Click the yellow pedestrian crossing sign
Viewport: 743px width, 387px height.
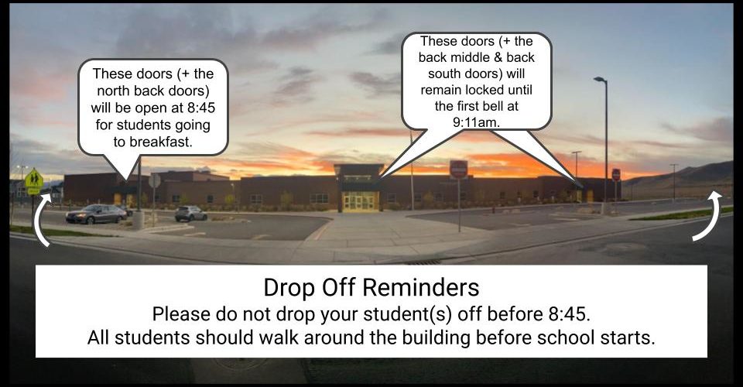click(33, 179)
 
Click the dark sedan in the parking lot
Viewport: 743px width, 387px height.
click(96, 214)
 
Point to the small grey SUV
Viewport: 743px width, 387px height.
click(190, 214)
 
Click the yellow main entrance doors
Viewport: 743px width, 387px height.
click(360, 201)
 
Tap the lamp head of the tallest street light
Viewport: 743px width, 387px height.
click(599, 79)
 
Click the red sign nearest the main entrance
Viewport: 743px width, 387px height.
click(458, 169)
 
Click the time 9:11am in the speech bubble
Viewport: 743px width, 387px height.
click(475, 122)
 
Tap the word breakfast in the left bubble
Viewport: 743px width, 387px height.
click(161, 142)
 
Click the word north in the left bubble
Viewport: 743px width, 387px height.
click(114, 91)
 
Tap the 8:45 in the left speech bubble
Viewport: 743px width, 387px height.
click(201, 108)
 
